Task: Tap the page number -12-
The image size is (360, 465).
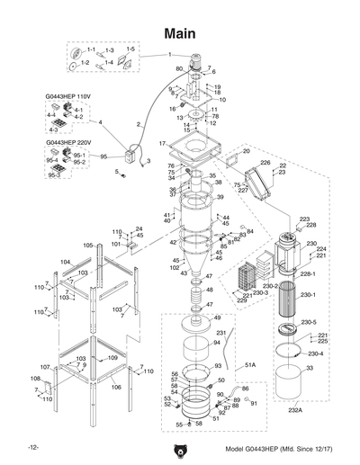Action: pos(33,447)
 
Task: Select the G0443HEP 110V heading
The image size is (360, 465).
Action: pos(70,94)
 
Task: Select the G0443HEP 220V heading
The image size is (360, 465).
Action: pos(70,142)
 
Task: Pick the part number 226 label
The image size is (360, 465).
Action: pos(265,163)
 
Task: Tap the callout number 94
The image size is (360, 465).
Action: pos(216,344)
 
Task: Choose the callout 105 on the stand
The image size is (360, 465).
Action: pos(88,245)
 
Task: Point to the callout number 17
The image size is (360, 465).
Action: pos(163,144)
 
